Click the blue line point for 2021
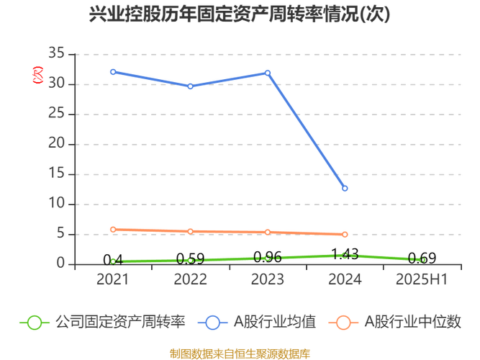113,71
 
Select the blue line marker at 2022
191,86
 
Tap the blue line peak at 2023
268,72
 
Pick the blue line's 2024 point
345,189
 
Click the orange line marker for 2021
113,229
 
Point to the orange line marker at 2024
345,235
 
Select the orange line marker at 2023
268,232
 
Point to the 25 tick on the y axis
57,114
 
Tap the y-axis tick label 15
57,174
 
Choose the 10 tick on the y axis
57,204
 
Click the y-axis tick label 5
61,233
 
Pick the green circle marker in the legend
34,322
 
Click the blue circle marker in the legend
213,322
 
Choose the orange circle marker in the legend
343,322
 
